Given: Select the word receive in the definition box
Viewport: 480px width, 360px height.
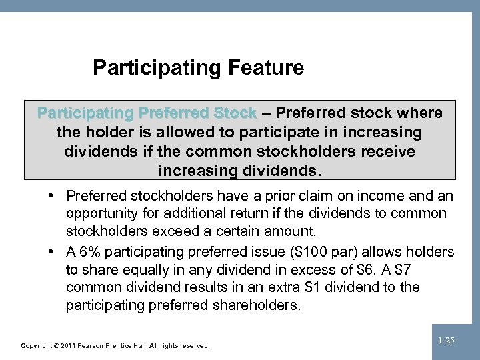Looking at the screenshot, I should coord(385,151).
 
